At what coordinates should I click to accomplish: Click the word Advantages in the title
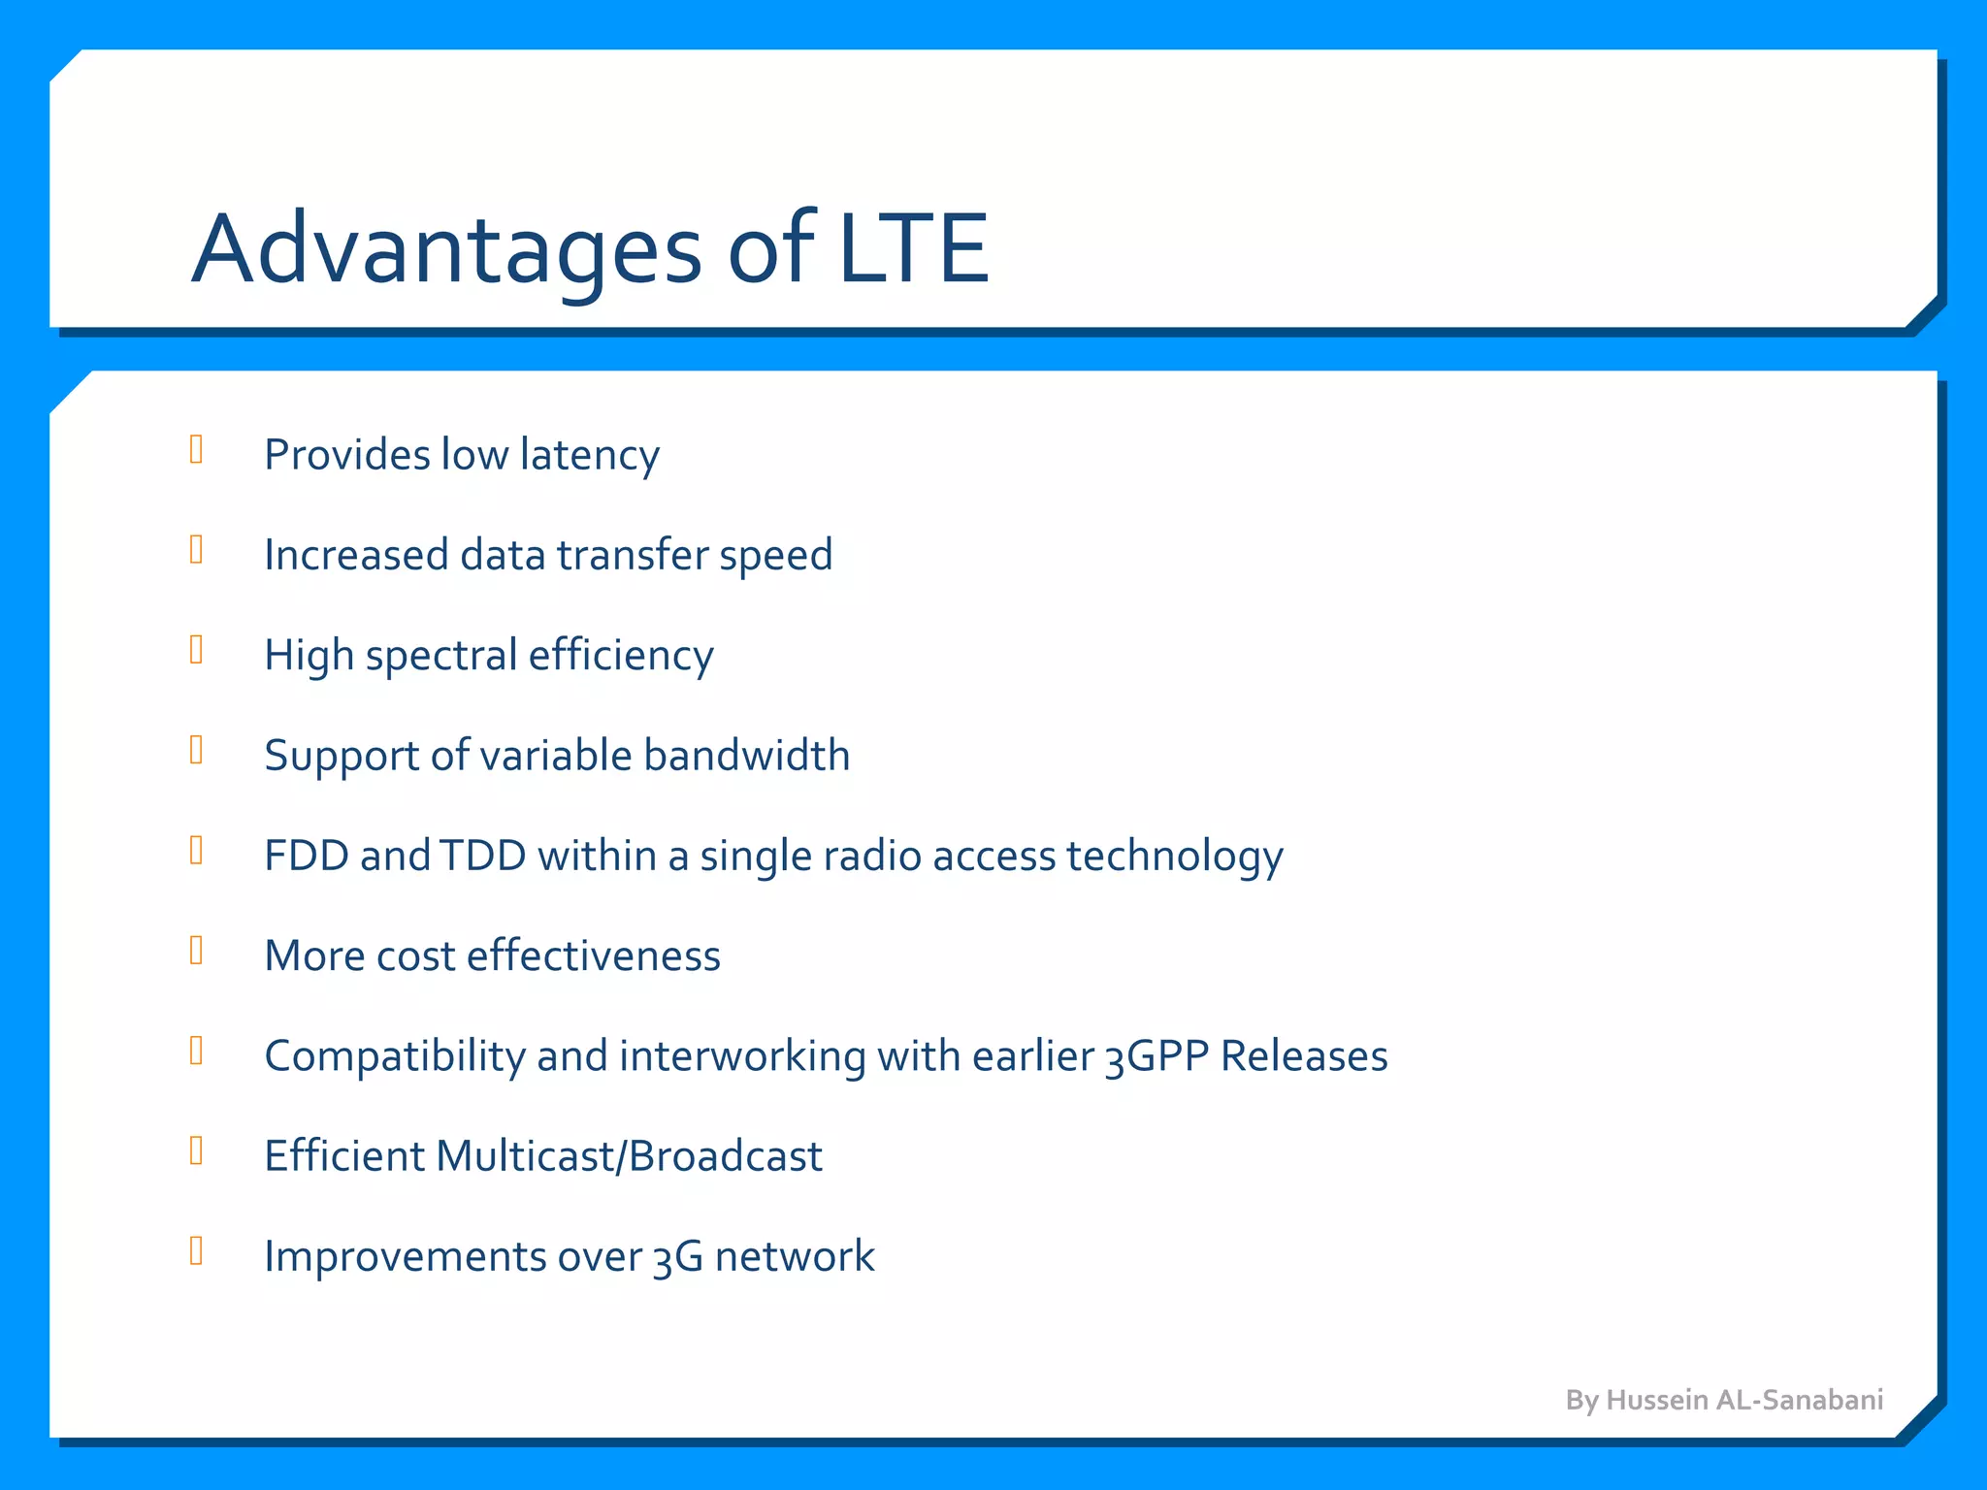pos(446,250)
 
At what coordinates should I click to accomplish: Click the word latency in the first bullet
pos(589,455)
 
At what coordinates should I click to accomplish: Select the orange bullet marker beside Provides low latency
pos(196,449)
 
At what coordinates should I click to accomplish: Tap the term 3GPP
pos(1156,1056)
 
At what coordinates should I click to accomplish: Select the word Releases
pos(1304,1056)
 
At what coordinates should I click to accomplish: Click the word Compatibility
pos(394,1057)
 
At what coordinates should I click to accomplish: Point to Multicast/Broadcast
pos(629,1156)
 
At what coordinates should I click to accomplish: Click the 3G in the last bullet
pos(677,1257)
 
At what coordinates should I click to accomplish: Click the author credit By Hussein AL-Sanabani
pos(1724,1400)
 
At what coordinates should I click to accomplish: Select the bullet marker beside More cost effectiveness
pos(196,951)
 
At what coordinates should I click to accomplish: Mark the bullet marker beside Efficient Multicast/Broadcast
pos(196,1150)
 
